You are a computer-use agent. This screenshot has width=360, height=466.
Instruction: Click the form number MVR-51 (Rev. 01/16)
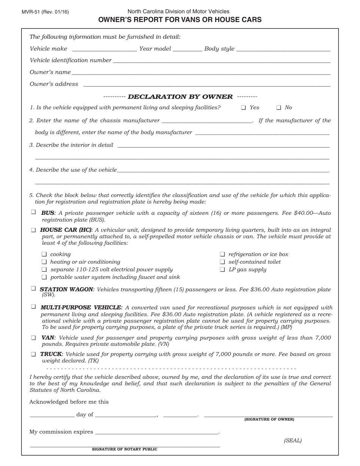45,12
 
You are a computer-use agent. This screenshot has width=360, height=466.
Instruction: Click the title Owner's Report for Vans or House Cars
180,20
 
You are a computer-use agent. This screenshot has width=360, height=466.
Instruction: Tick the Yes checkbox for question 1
243,108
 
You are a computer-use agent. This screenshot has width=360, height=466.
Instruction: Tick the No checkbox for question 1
279,108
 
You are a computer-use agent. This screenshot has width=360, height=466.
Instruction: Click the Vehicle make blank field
104,49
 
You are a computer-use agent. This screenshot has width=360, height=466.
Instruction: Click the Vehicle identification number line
221,61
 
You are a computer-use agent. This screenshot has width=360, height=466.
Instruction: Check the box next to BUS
33,212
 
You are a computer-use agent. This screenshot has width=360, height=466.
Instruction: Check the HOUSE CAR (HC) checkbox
33,230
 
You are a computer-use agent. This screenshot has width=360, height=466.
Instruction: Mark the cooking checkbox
44,254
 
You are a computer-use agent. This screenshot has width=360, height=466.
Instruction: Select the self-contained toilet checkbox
222,262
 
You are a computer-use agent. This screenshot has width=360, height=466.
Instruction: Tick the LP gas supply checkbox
222,269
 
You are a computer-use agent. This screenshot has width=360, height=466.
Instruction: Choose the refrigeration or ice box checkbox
222,254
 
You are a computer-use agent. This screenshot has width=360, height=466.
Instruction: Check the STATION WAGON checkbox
33,289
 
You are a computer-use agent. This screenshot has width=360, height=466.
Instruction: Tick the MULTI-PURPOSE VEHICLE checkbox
33,306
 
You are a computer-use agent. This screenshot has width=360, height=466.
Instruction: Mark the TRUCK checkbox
33,354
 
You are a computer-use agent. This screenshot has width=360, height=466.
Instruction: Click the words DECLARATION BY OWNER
180,97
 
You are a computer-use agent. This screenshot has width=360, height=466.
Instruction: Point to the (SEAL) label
293,440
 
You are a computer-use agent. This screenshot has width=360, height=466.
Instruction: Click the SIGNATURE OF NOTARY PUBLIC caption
125,449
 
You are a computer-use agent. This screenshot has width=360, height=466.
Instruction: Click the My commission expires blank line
157,432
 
